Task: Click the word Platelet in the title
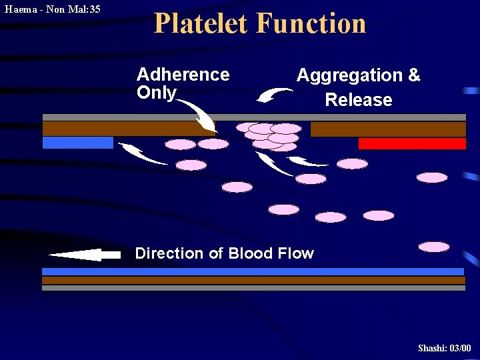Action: coord(201,23)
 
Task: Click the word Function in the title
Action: coord(311,23)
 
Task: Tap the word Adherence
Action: coord(183,75)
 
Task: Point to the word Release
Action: coord(358,100)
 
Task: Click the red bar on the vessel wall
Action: coord(412,143)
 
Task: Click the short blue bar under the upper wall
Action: coord(77,142)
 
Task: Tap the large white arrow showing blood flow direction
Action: coord(84,254)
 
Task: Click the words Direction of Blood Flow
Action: coord(224,253)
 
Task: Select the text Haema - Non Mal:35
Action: coord(52,9)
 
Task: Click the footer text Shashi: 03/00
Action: coord(444,348)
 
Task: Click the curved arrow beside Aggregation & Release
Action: coord(273,96)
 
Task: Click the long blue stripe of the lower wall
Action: coord(253,271)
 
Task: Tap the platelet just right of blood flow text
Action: coord(434,247)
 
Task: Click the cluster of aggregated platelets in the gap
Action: coord(271,135)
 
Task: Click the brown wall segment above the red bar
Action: coord(388,129)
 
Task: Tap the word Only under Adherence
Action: coord(157,93)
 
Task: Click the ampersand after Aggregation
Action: coord(413,75)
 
